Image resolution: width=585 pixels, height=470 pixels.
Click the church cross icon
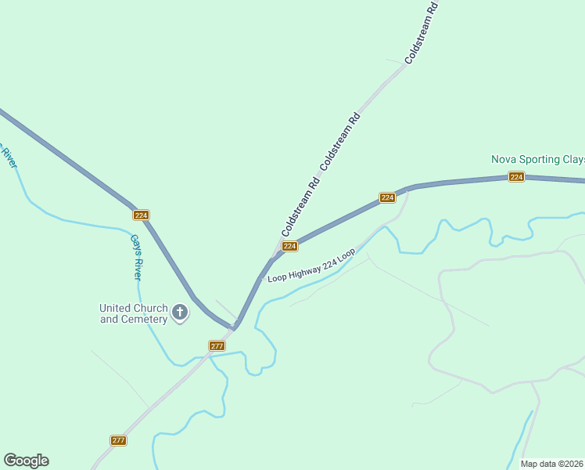click(x=180, y=313)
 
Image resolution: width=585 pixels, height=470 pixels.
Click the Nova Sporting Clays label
click(x=537, y=159)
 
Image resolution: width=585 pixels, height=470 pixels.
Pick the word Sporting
click(x=537, y=159)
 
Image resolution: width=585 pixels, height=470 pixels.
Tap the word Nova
click(x=503, y=159)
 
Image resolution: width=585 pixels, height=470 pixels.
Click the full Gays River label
click(x=136, y=257)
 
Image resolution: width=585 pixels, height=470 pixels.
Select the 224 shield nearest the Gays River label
click(x=141, y=215)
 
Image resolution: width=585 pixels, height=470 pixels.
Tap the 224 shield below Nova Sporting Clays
click(x=515, y=177)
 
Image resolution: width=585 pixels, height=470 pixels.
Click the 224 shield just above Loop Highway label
click(x=289, y=246)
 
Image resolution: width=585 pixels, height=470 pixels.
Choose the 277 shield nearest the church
click(x=217, y=345)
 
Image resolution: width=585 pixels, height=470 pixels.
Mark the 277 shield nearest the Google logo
click(x=118, y=440)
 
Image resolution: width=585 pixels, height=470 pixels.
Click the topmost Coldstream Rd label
click(x=421, y=32)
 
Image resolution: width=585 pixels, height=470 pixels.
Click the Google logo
click(x=26, y=461)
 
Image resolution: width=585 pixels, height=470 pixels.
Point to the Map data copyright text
click(x=552, y=464)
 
